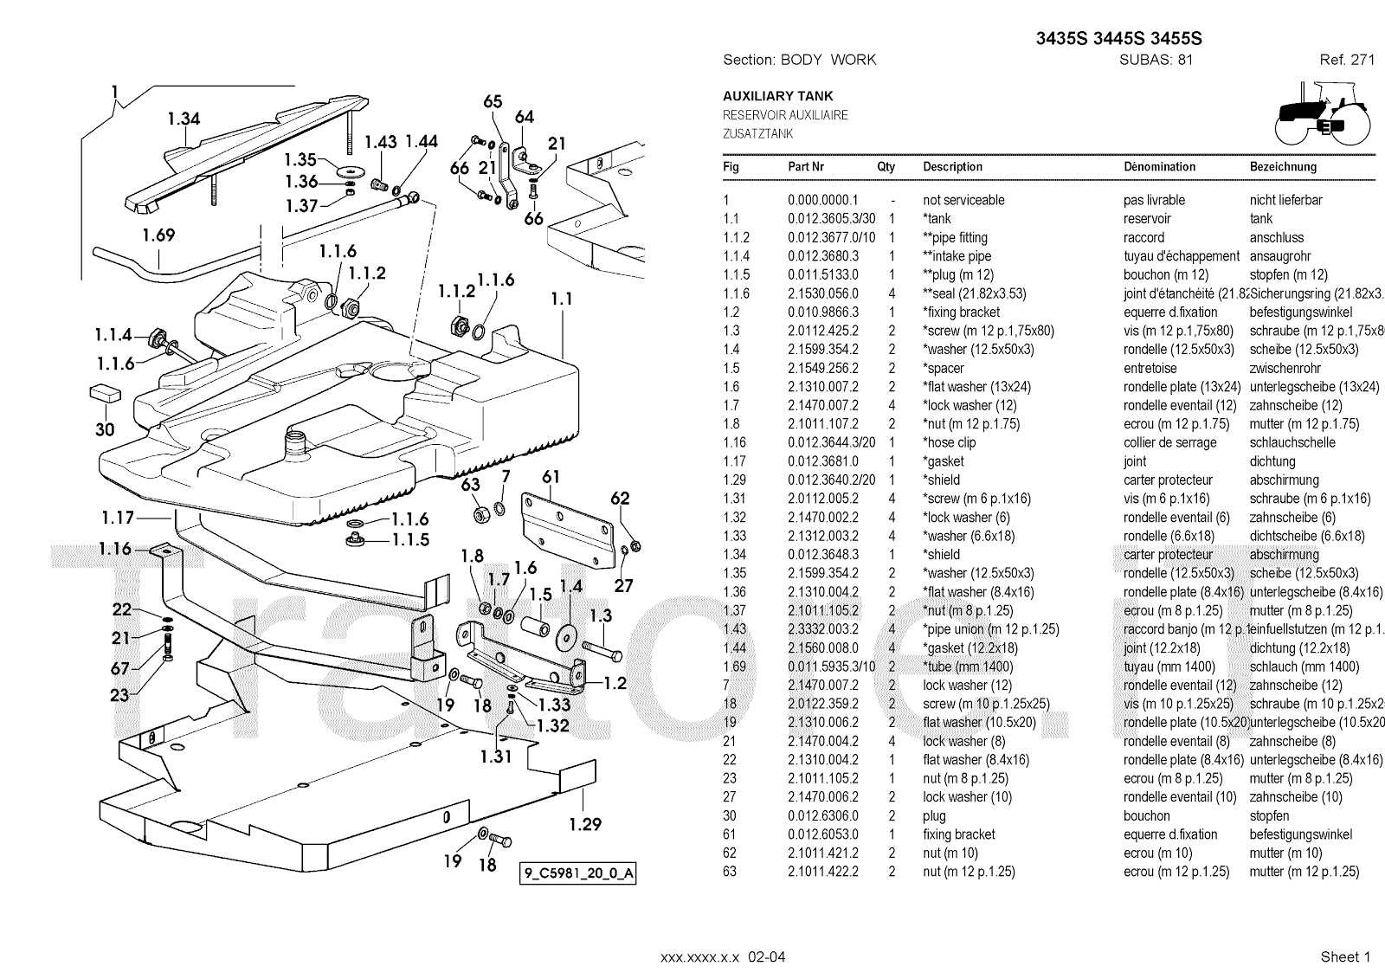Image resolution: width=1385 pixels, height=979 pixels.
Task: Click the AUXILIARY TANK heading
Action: click(777, 96)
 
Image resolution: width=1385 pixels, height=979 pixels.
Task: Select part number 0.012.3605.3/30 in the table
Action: click(831, 219)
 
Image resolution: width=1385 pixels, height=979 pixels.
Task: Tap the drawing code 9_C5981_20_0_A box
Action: click(578, 873)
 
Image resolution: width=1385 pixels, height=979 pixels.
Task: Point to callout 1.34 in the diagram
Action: click(184, 119)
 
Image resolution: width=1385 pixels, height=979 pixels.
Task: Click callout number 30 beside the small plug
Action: click(105, 429)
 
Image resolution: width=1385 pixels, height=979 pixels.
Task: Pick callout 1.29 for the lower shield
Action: click(584, 824)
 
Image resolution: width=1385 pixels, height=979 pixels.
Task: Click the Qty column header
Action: click(886, 167)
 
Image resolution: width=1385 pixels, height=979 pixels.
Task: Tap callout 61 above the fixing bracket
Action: click(551, 476)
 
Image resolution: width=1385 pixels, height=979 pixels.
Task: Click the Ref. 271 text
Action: click(1347, 60)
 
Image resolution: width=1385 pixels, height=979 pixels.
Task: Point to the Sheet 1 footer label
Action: click(1345, 956)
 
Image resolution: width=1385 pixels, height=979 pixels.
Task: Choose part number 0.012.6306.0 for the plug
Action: click(822, 815)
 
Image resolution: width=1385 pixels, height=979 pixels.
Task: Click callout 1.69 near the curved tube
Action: click(158, 235)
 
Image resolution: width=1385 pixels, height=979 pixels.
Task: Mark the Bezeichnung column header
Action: click(1283, 167)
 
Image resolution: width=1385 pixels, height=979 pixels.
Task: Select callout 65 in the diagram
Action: click(493, 101)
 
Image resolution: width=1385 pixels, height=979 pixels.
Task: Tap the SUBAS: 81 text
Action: click(1156, 60)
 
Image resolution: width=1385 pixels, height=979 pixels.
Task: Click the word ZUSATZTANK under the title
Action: click(757, 134)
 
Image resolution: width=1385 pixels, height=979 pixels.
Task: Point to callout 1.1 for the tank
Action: click(562, 299)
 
